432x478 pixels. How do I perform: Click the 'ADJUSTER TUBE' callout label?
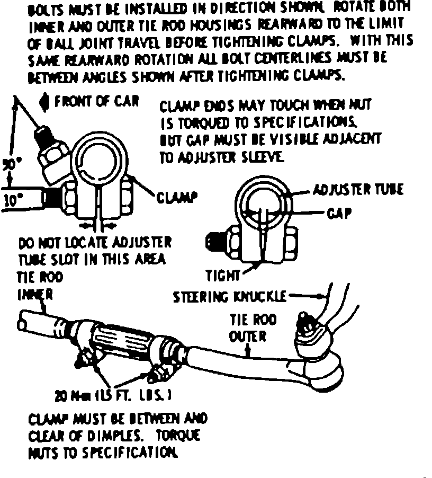click(x=358, y=189)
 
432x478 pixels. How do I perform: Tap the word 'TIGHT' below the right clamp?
click(x=223, y=275)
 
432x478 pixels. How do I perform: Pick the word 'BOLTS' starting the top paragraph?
click(x=44, y=9)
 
